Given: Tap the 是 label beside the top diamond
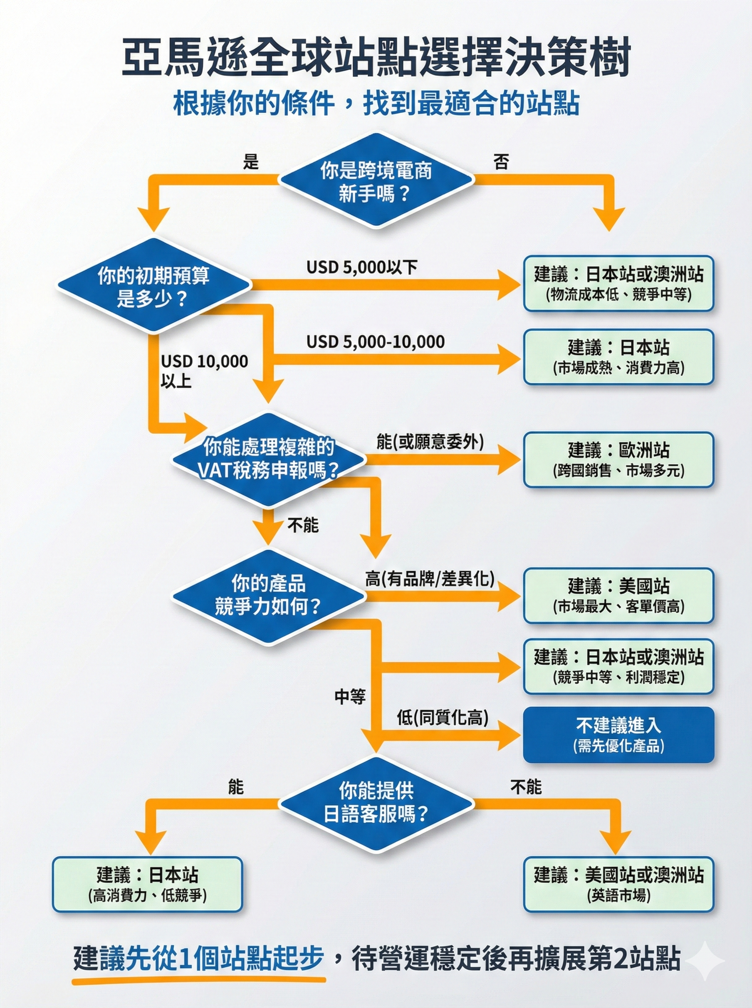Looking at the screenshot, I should [x=251, y=162].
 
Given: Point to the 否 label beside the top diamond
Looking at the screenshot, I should [x=501, y=162].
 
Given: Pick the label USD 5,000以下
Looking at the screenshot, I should [x=361, y=268].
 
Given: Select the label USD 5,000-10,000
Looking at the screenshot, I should [x=375, y=341].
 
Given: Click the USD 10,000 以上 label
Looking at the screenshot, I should [x=204, y=371].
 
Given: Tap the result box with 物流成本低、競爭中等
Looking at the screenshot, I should [x=618, y=283].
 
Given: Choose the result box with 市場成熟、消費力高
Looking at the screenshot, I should [x=618, y=357].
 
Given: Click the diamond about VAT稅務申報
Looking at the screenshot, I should [x=269, y=459].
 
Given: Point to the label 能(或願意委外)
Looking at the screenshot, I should [x=430, y=441].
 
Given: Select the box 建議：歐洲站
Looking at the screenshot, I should [x=618, y=459].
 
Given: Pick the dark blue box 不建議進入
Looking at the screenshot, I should [x=618, y=735].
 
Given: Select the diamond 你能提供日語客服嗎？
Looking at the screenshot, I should [x=376, y=803].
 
